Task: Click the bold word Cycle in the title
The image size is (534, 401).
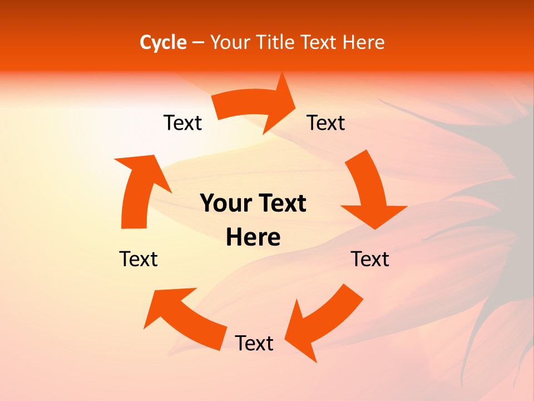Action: coord(163,42)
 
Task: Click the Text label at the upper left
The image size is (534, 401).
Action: coord(182,123)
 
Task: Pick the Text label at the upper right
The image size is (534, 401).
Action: coord(326,123)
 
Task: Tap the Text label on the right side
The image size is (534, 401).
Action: coord(370,259)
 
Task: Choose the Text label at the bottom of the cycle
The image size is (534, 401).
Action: coord(254,343)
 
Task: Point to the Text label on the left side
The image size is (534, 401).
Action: coord(139,259)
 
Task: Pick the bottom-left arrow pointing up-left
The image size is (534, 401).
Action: coord(184,317)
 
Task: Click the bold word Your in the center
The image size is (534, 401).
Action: coord(225,204)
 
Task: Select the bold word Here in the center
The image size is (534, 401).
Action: coord(253,237)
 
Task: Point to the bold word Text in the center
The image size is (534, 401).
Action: coord(281,204)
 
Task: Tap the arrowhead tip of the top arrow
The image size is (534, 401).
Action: coord(294,103)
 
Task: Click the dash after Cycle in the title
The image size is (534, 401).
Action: coord(198,42)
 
